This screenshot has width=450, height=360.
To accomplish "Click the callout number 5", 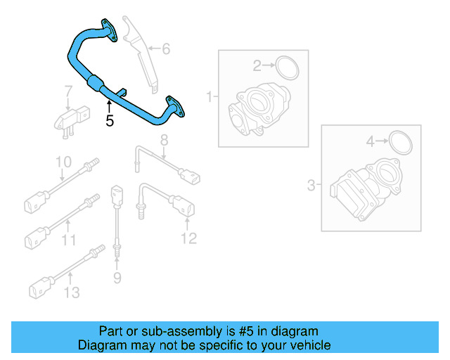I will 109,120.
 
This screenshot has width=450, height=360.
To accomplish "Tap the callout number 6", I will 166,49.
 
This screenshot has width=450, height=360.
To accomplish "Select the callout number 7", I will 69,91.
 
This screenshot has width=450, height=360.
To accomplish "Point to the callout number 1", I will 209,96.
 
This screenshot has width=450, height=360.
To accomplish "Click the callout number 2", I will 257,65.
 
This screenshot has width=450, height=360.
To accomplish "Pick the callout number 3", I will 311,186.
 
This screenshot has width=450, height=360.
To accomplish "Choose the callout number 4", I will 371,143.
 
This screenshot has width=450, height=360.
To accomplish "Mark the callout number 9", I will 117,278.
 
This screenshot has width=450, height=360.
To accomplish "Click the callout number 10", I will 63,162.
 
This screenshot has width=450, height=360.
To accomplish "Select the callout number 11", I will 68,240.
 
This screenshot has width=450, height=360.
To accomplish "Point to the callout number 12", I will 188,238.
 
